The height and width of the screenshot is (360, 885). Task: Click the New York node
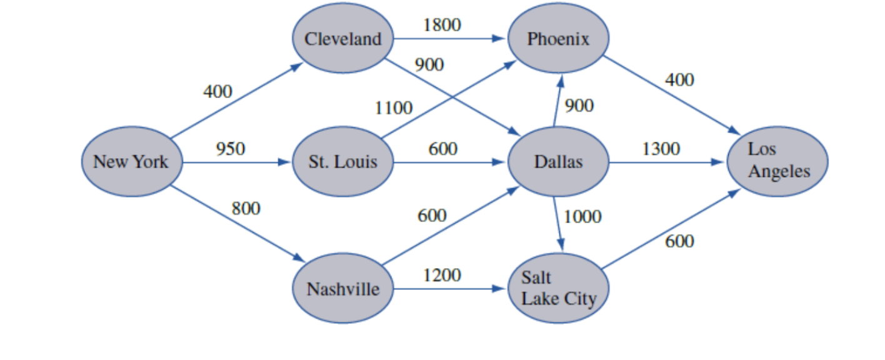click(131, 162)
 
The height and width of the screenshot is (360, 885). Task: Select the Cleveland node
click(343, 39)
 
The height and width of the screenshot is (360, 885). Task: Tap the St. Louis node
click(343, 162)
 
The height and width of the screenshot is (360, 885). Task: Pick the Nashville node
click(343, 289)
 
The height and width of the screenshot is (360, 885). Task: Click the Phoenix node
click(558, 39)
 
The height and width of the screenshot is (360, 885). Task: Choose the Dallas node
click(558, 162)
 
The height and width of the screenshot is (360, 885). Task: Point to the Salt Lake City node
click(558, 289)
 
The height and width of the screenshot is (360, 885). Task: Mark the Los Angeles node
click(778, 161)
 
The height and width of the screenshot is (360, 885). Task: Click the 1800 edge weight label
click(442, 25)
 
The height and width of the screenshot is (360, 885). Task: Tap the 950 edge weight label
click(231, 149)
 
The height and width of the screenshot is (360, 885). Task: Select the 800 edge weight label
click(246, 208)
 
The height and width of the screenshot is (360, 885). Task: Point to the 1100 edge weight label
click(393, 108)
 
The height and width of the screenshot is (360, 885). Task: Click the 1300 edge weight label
click(661, 149)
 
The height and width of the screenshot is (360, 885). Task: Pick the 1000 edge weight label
click(582, 217)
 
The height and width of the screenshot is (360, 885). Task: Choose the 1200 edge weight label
click(442, 275)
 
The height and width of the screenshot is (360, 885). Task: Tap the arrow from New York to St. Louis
click(237, 163)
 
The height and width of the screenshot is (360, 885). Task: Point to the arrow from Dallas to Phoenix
click(557, 100)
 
